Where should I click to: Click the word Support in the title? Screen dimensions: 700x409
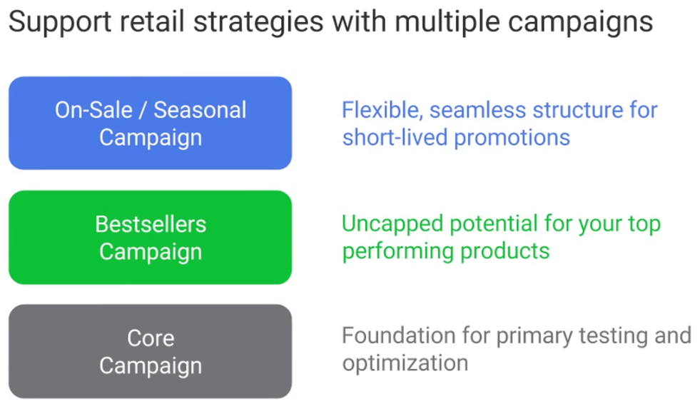[x=60, y=22]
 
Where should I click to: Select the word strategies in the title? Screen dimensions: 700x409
[x=258, y=22]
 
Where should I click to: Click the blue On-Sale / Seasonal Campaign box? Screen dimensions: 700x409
[x=151, y=123]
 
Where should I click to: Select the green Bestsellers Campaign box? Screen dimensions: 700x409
[x=151, y=237]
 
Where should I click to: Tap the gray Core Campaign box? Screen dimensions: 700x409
[x=151, y=351]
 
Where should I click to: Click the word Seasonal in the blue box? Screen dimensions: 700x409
[x=200, y=111]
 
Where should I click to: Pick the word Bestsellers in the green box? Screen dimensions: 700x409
[x=151, y=224]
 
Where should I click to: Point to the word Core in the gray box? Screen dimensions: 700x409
[x=151, y=338]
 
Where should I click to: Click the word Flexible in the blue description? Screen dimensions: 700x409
[x=382, y=111]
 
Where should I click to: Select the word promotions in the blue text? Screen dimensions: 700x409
[x=512, y=138]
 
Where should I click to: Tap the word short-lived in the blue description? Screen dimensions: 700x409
[x=395, y=137]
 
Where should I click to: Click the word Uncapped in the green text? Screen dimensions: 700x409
[x=392, y=225]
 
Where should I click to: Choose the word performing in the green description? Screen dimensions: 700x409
[x=397, y=251]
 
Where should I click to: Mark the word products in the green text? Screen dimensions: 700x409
[x=505, y=251]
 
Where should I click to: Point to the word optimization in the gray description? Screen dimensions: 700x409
[x=405, y=363]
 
